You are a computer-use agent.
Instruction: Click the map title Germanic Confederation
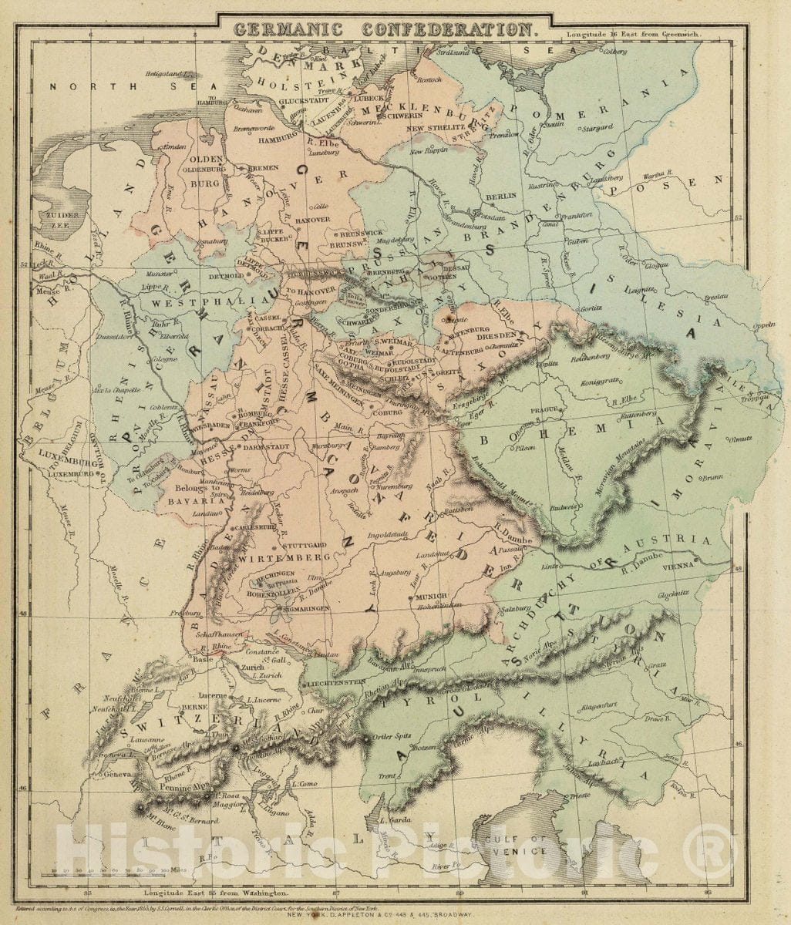(385, 30)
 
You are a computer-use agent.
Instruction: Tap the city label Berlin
(500, 196)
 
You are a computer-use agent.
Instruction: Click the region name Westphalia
(193, 304)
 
